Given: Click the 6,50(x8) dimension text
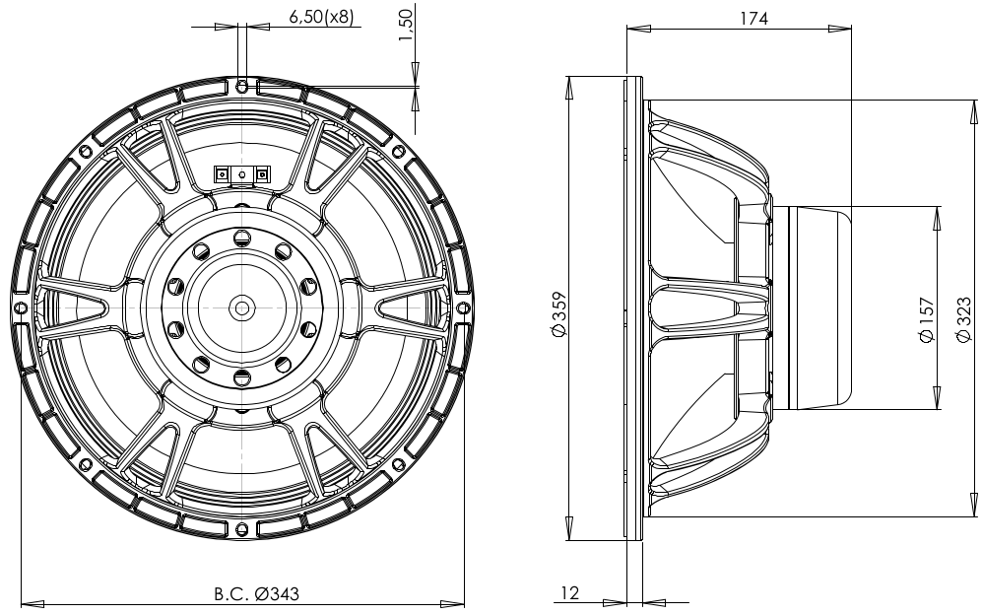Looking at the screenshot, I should (x=321, y=17).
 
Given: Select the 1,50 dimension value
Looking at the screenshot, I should (x=405, y=24).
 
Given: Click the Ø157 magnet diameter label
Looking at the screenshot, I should (x=926, y=321).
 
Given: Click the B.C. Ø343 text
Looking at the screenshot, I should (x=256, y=594).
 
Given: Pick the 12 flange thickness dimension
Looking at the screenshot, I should (x=570, y=593).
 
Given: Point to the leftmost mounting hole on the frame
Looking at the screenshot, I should (x=21, y=307).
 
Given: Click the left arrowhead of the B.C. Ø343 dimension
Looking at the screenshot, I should (x=27, y=603).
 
